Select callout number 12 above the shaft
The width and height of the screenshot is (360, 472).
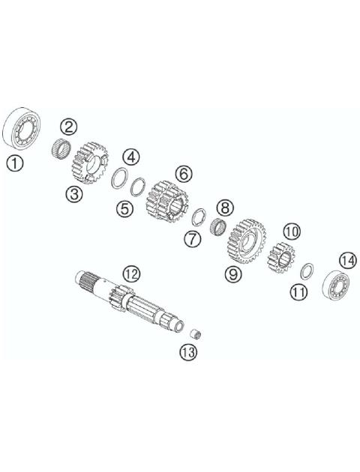(130, 274)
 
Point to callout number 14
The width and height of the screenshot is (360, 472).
(346, 260)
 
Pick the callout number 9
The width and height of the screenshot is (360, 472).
(235, 275)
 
